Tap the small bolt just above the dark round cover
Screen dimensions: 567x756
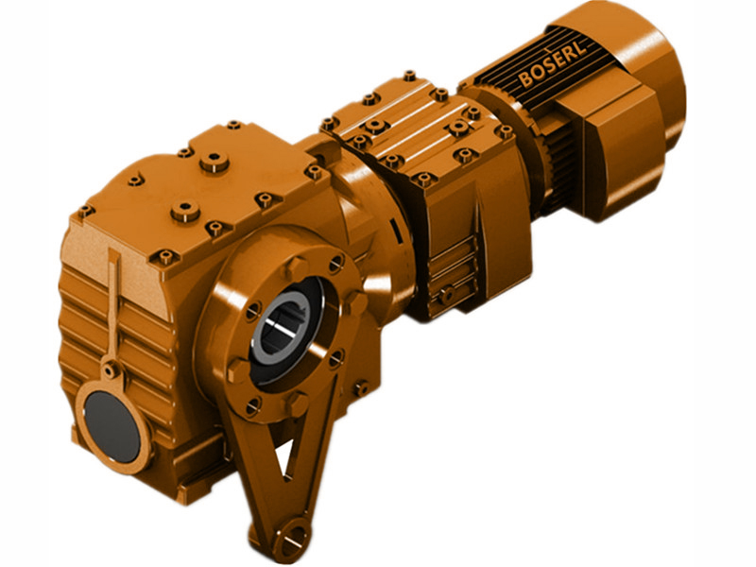click(112, 370)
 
